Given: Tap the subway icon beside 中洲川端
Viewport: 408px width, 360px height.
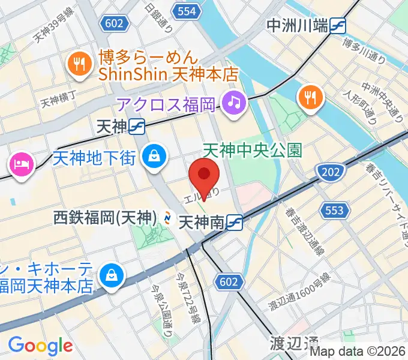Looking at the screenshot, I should (x=340, y=26).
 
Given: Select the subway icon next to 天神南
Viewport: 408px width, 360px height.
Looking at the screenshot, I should (x=235, y=223).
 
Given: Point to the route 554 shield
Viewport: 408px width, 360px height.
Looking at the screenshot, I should (x=187, y=10).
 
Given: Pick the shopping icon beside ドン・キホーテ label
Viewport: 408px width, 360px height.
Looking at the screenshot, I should (x=112, y=275).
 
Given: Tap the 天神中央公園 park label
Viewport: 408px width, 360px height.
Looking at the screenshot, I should (x=252, y=149).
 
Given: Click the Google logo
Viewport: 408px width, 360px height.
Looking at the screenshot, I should (x=40, y=345).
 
